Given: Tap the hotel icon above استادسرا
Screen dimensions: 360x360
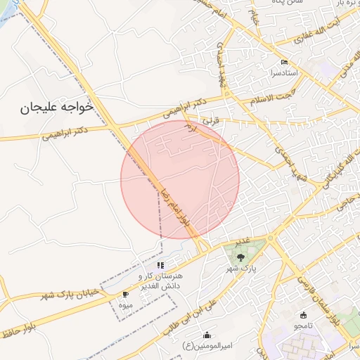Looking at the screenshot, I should (x=283, y=62).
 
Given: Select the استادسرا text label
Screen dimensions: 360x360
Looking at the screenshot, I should (x=281, y=72).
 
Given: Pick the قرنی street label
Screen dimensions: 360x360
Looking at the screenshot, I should (x=212, y=120).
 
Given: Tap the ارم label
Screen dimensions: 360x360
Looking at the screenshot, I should (x=190, y=129).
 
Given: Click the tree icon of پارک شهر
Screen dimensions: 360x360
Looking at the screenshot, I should (x=241, y=257).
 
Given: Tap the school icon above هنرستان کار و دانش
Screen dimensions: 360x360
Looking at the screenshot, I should (x=160, y=265).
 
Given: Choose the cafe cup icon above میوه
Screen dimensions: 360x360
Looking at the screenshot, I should (x=125, y=295).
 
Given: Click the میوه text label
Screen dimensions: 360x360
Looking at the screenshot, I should (x=126, y=305).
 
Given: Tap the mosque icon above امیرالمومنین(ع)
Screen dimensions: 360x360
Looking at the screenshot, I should (x=207, y=335).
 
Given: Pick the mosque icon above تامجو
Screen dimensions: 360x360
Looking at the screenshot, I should (x=304, y=314).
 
